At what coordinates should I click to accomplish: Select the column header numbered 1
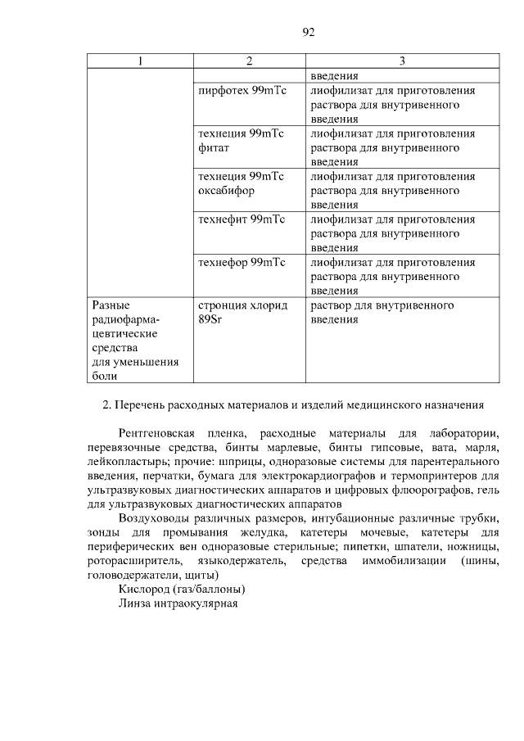(x=140, y=61)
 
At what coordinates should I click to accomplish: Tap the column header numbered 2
(x=249, y=61)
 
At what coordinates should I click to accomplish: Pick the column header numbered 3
(x=402, y=61)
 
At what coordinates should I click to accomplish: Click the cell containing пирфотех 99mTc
(x=242, y=90)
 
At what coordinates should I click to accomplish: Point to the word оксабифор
(x=226, y=191)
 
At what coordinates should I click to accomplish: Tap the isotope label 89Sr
(x=210, y=319)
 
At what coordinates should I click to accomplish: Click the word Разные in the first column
(x=111, y=305)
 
